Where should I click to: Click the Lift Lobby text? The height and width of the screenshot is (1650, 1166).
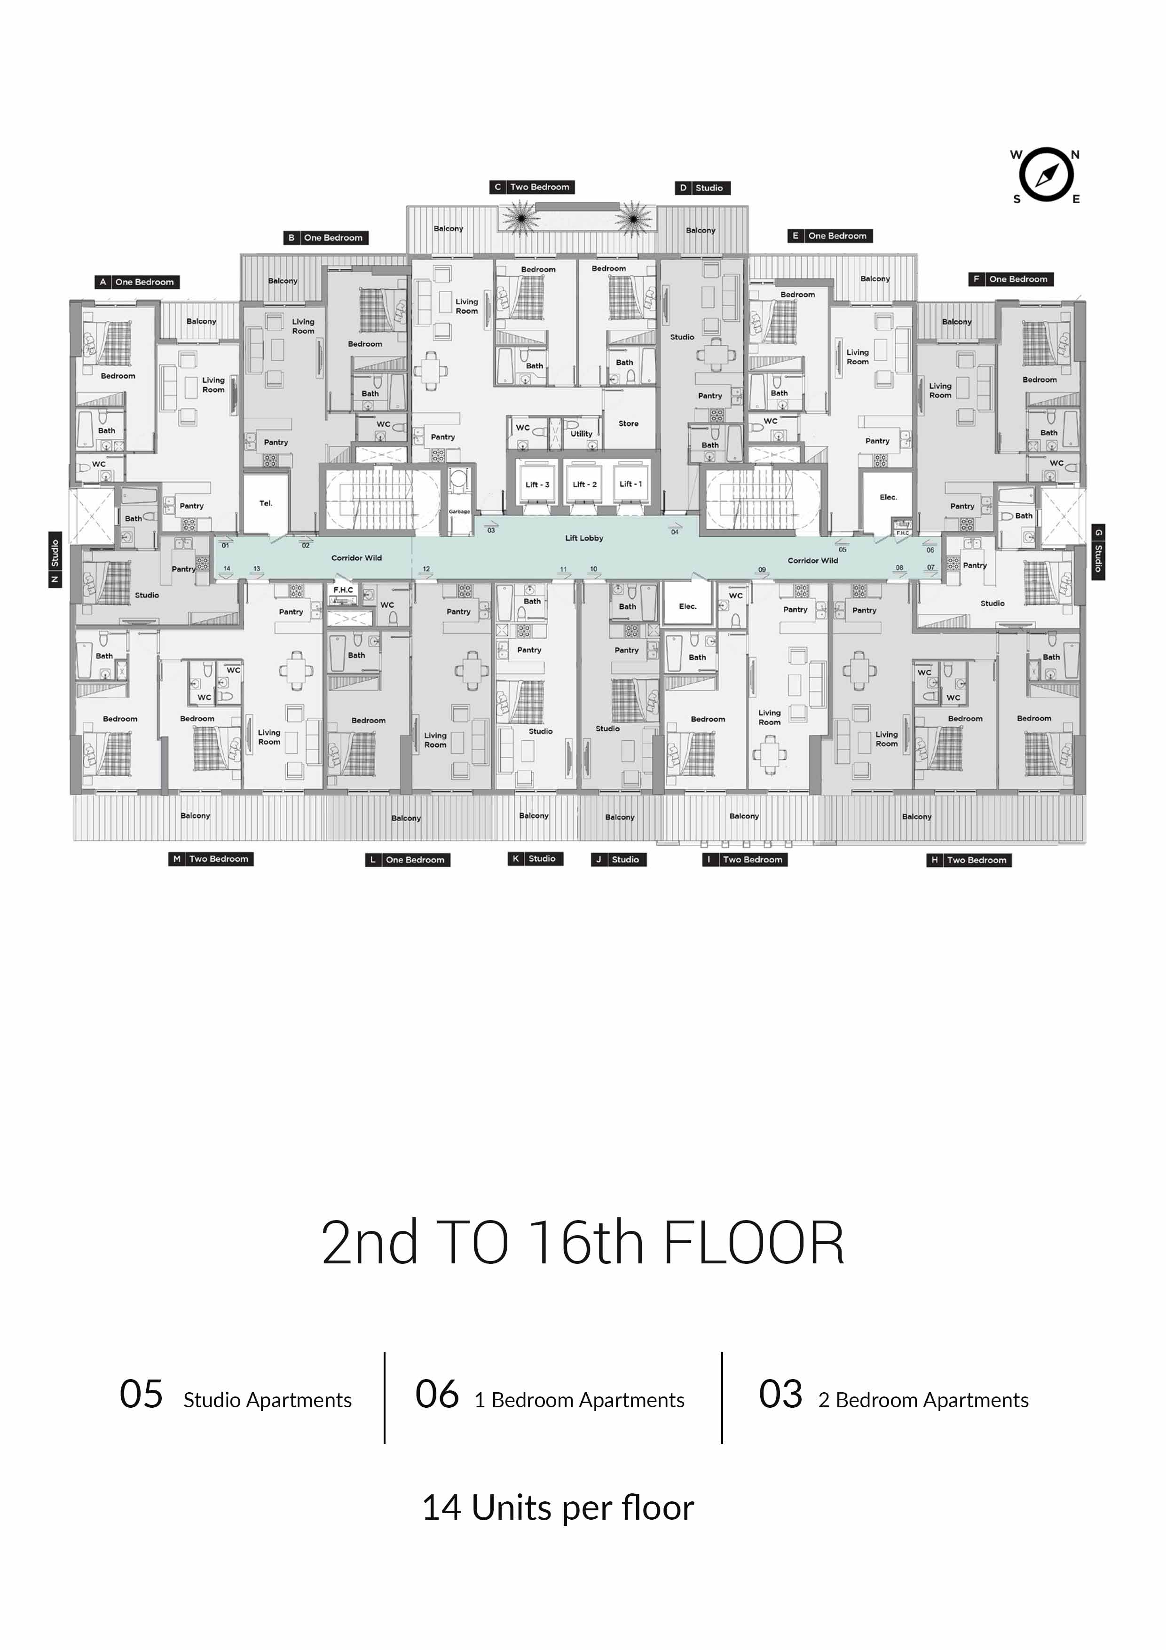click(584, 538)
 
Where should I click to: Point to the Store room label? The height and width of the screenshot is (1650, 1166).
click(628, 423)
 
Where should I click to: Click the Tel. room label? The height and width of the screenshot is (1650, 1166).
click(266, 503)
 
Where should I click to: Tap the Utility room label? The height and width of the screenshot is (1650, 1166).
click(581, 434)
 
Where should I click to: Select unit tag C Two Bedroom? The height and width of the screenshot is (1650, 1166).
click(532, 187)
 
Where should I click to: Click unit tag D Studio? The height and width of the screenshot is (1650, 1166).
click(702, 188)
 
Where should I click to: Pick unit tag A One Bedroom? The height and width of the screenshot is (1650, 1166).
click(137, 282)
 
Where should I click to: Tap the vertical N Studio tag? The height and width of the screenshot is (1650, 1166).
click(55, 560)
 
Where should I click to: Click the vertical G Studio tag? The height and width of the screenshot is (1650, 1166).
click(1098, 552)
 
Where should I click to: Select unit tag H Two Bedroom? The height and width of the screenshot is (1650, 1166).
click(969, 860)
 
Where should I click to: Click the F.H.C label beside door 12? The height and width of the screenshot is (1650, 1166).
click(343, 590)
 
